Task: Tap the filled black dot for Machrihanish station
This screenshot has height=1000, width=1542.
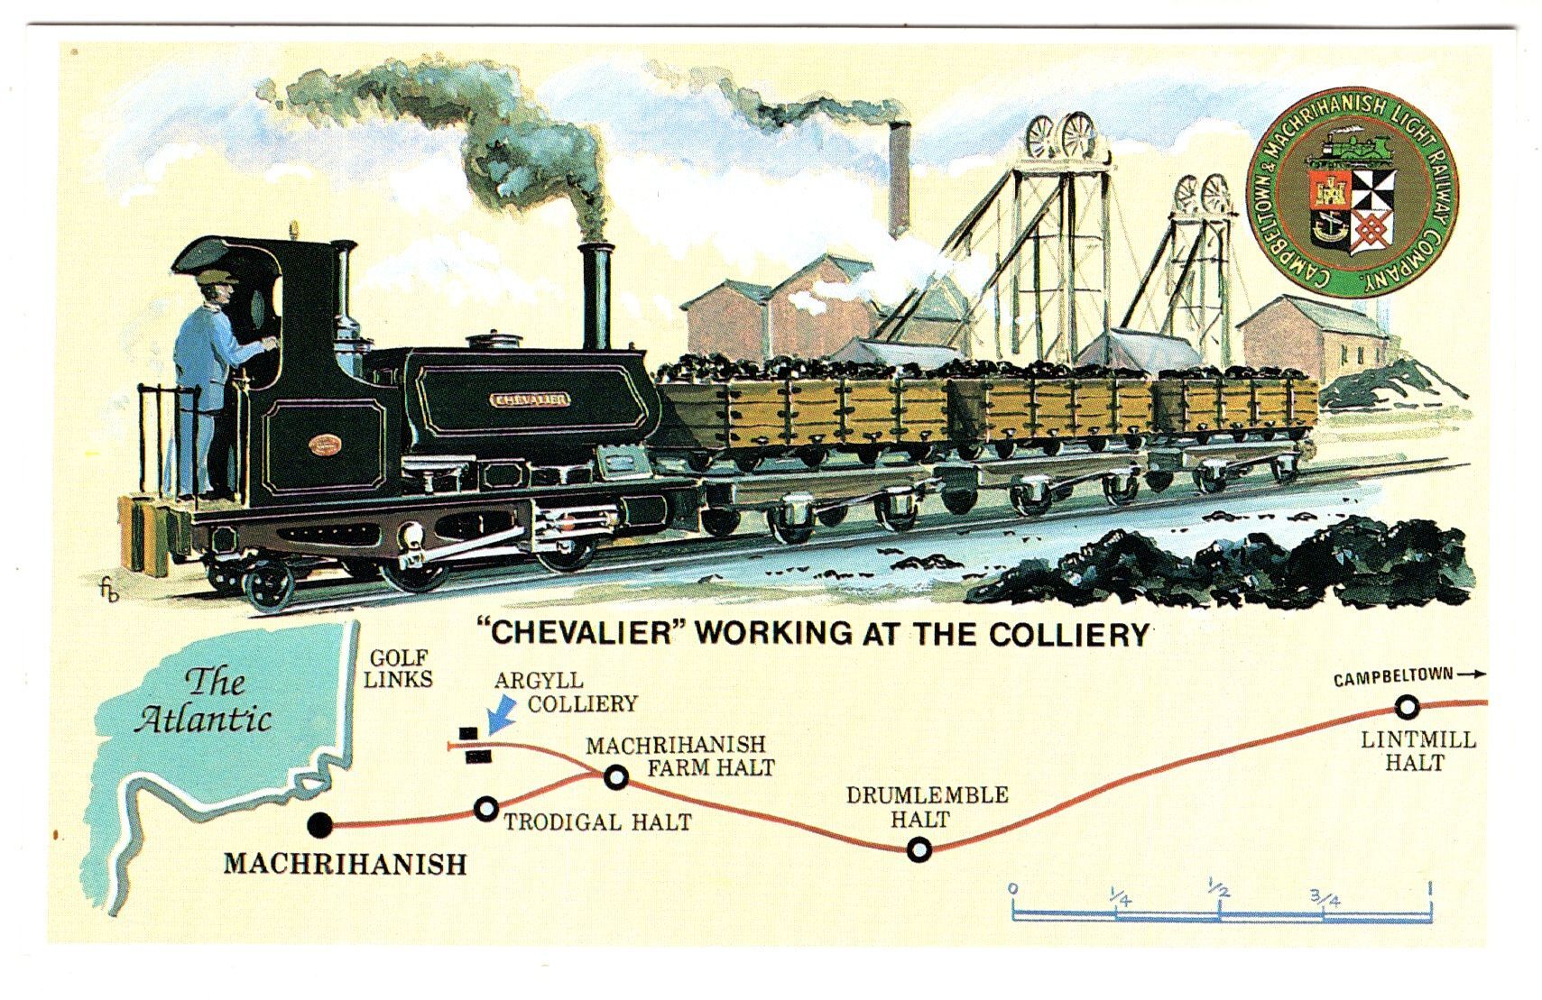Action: click(x=319, y=824)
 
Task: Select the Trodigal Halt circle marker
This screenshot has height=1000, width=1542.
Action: click(x=485, y=809)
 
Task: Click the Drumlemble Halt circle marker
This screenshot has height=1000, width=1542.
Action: click(x=919, y=849)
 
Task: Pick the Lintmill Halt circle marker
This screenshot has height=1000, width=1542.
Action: click(x=1407, y=706)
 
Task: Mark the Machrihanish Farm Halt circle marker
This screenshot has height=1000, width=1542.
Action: click(x=616, y=775)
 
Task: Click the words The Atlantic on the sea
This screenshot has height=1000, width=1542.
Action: click(x=204, y=701)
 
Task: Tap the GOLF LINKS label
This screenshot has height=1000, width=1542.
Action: click(x=398, y=669)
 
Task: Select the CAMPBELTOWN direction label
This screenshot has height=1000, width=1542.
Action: click(x=1393, y=676)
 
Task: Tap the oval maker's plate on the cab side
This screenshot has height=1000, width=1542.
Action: click(x=321, y=444)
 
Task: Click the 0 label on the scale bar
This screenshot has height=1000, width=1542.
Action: click(x=1013, y=889)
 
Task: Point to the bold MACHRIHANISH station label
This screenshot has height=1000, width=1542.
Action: click(x=345, y=864)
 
